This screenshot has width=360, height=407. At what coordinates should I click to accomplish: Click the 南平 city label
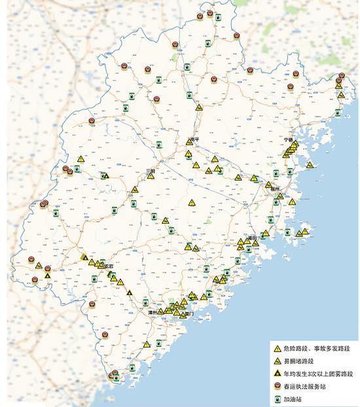click(195, 139)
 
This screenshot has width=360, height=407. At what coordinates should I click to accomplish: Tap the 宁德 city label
click(288, 139)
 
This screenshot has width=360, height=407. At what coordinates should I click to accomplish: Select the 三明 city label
click(151, 171)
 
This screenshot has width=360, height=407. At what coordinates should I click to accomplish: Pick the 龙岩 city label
click(108, 266)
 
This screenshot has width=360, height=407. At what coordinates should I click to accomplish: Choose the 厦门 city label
click(189, 314)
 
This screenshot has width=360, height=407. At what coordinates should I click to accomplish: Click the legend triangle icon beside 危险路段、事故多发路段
click(278, 348)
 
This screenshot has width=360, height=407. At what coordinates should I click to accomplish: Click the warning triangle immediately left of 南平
click(189, 141)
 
